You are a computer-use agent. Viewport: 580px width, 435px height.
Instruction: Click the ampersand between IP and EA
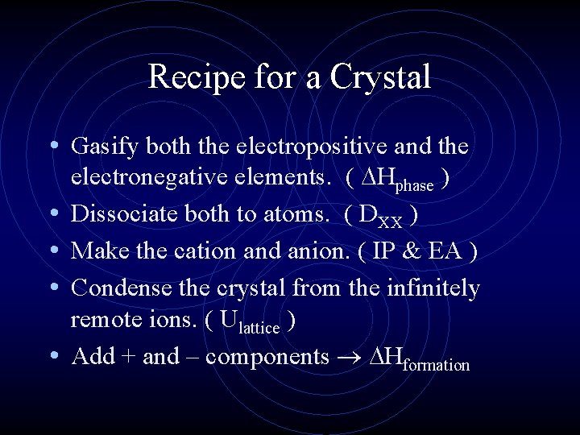(419, 251)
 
